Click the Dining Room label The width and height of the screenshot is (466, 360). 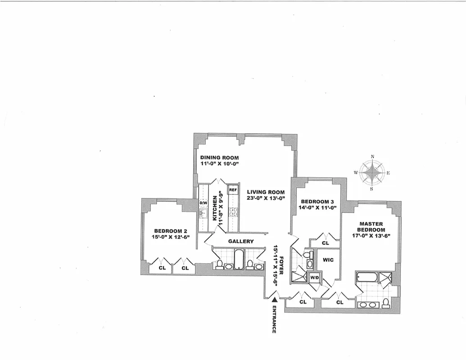(219, 157)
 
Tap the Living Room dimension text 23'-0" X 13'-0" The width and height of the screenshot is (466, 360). (266, 198)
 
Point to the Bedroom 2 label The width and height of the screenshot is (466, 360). (170, 231)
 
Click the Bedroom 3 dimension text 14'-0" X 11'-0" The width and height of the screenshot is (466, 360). (318, 207)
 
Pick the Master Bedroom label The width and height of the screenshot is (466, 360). (371, 227)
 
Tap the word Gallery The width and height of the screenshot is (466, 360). (241, 241)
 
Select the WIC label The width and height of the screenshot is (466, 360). (328, 260)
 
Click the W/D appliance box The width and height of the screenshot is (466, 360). (314, 278)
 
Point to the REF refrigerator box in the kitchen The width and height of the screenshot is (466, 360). (233, 190)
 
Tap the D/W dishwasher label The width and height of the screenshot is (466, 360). (203, 203)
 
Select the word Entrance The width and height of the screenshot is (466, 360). (274, 319)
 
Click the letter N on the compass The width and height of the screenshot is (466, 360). (372, 157)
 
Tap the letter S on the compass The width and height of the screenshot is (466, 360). (372, 189)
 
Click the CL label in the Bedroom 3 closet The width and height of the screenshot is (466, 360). (326, 243)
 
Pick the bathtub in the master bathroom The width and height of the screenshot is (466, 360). (367, 277)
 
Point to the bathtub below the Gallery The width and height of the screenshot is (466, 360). (239, 259)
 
